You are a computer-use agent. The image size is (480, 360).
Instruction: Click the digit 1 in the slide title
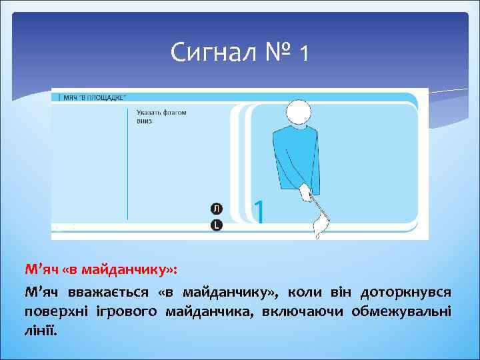coord(304,53)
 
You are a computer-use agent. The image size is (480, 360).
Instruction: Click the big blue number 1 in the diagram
coord(259,212)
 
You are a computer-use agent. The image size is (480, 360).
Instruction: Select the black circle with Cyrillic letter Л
coord(216,209)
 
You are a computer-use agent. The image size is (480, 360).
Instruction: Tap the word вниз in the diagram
coord(145,121)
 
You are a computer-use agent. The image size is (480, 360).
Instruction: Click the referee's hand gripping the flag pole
coord(305,194)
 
